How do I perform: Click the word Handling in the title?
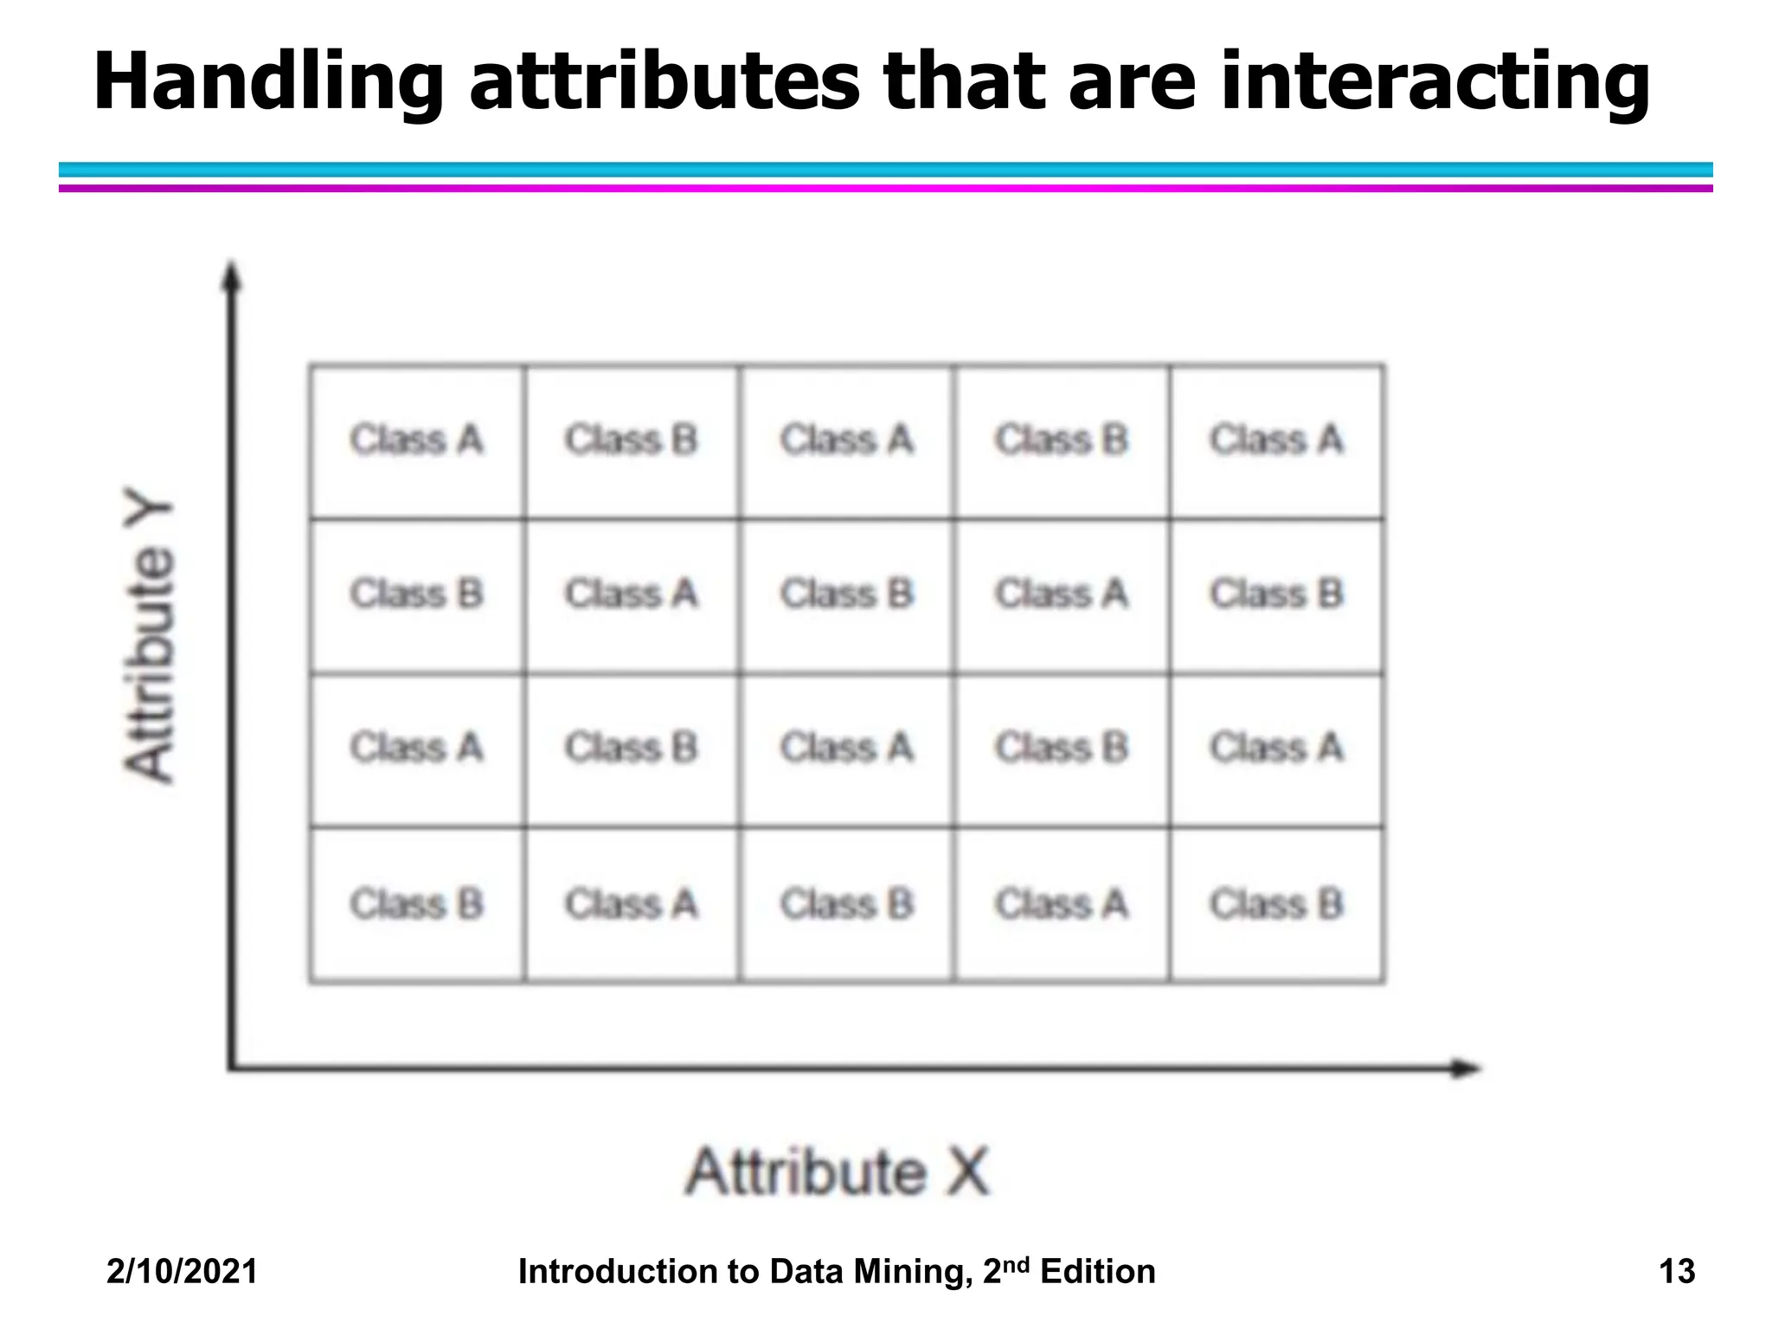coord(268,82)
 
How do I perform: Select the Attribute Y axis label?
coord(149,641)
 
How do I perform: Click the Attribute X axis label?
coord(837,1172)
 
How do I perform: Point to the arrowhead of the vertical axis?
coord(231,275)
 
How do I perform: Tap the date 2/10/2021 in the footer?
coord(182,1271)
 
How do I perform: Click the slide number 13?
coord(1676,1271)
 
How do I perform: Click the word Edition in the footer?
coord(1098,1271)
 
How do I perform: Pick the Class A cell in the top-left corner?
coord(417,440)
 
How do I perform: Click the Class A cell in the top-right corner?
coord(1277,440)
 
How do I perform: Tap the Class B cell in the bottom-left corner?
coord(417,905)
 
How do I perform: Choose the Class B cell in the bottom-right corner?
coord(1277,905)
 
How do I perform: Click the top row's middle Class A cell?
coord(847,440)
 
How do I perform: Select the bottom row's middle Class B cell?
coord(847,905)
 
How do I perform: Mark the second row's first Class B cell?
coord(417,594)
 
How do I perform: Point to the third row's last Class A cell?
coord(1277,748)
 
